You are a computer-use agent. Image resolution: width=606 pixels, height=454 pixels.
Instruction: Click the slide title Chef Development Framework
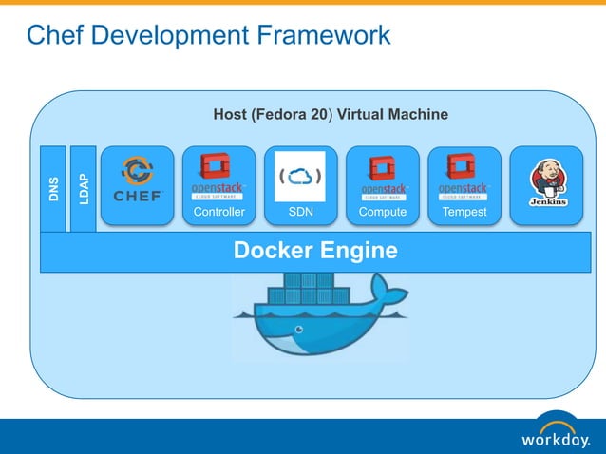click(x=208, y=36)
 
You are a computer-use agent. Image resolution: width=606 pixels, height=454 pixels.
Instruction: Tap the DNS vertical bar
click(x=53, y=189)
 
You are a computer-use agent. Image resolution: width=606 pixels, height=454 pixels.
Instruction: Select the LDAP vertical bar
click(x=84, y=188)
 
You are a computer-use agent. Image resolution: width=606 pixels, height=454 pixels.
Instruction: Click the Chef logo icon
click(x=138, y=180)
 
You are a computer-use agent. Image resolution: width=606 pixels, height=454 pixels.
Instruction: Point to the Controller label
click(x=218, y=212)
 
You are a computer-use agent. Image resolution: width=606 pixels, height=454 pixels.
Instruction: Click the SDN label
click(x=300, y=212)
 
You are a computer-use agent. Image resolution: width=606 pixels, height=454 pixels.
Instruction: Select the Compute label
click(x=382, y=212)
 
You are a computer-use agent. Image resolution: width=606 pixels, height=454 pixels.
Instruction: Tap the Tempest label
click(x=464, y=212)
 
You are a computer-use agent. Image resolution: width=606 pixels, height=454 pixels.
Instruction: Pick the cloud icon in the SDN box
click(x=300, y=176)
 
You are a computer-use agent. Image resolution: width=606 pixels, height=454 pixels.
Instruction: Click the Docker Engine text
click(x=315, y=252)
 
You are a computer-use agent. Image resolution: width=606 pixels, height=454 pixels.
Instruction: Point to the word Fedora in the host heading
click(x=283, y=115)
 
